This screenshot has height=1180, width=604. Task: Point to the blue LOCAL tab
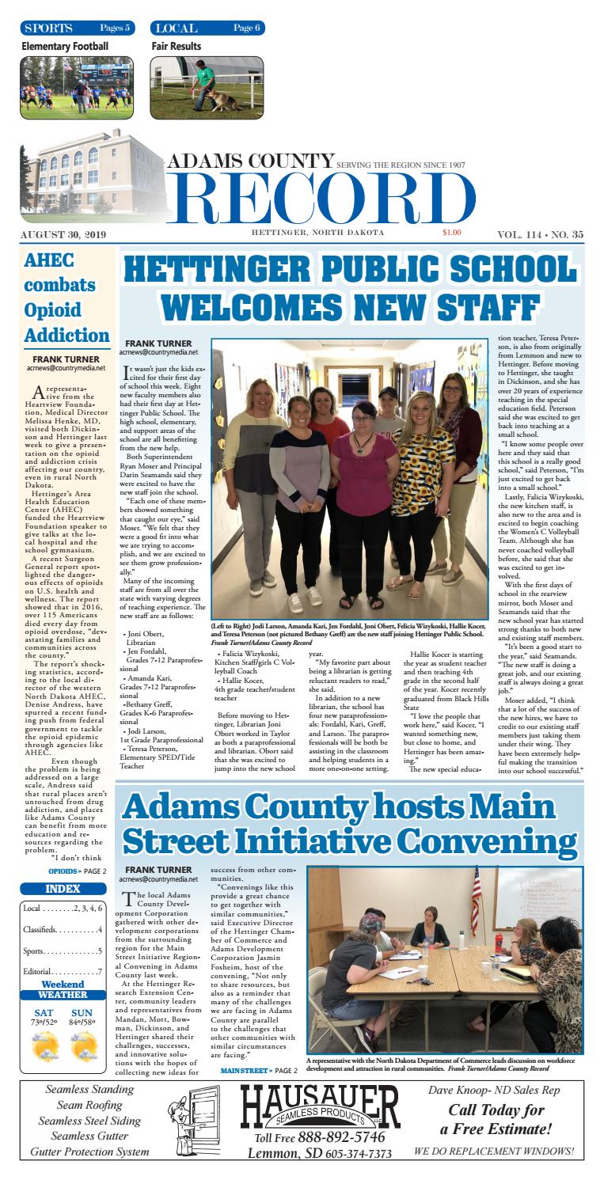[207, 28]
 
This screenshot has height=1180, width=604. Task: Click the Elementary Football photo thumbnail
[77, 87]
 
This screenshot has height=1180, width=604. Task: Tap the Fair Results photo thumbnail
[208, 87]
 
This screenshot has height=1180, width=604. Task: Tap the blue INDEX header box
[63, 867]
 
